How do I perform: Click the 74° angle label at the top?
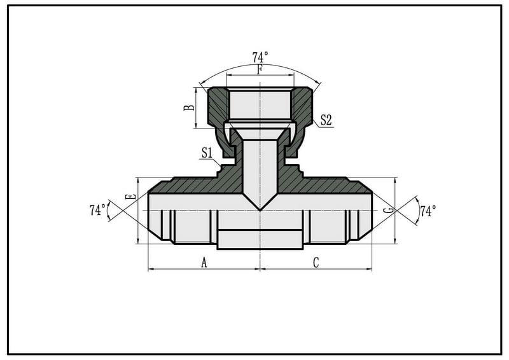pos(260,57)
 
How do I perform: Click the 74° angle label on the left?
pos(98,210)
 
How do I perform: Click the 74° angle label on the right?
pos(428,211)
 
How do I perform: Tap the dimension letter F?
pos(260,69)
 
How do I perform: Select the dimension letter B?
pos(189,107)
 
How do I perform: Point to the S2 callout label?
pos(326,120)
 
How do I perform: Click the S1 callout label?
pos(207,153)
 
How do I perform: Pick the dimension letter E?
pos(130,197)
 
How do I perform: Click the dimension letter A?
pos(204,262)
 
